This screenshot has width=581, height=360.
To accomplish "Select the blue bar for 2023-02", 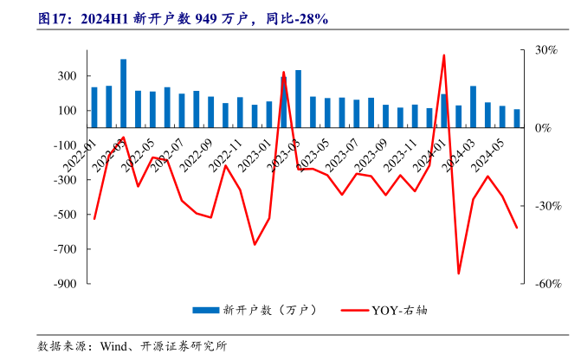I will pyautogui.click(x=283, y=102).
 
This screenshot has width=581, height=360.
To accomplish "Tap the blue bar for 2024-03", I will pyautogui.click(x=473, y=106).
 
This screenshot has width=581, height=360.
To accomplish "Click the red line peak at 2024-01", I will pyautogui.click(x=444, y=55).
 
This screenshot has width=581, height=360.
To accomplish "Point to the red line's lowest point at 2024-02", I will pyautogui.click(x=459, y=273).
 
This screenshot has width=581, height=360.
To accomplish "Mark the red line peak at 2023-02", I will pyautogui.click(x=283, y=73).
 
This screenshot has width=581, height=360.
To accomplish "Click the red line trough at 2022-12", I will pyautogui.click(x=255, y=244).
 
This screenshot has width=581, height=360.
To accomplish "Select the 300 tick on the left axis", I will pyautogui.click(x=67, y=76).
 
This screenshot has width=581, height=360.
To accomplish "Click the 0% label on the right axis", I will pyautogui.click(x=542, y=128).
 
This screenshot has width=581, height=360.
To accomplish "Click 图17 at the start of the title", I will pyautogui.click(x=54, y=18).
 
